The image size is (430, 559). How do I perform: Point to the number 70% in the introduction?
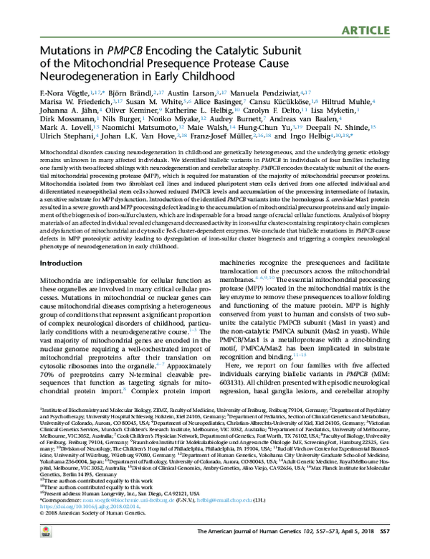(x=46, y=394)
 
